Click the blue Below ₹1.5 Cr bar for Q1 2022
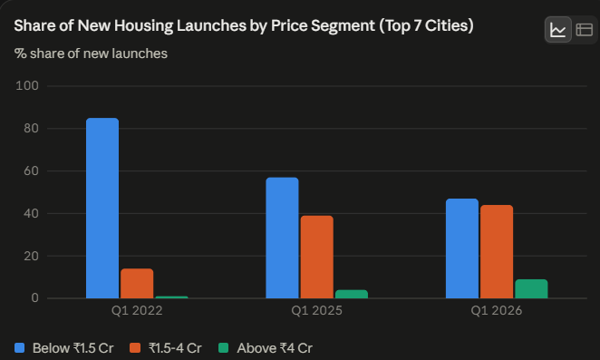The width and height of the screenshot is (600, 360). click(x=102, y=208)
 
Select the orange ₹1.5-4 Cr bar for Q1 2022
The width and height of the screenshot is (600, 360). click(x=137, y=284)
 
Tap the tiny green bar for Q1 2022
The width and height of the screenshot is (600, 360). click(x=171, y=297)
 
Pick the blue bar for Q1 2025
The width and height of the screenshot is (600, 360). click(x=282, y=238)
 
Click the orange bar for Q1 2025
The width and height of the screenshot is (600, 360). click(x=317, y=257)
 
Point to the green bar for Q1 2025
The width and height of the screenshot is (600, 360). click(x=352, y=294)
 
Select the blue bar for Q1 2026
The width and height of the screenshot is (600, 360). click(x=462, y=248)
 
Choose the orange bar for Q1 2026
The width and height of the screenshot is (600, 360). click(x=497, y=251)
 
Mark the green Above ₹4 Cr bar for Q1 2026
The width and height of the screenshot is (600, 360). click(x=531, y=288)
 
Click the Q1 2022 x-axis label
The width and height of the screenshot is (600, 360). click(x=137, y=310)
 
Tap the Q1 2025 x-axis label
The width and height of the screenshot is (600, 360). click(x=317, y=310)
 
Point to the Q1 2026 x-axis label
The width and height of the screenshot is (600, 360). click(x=497, y=310)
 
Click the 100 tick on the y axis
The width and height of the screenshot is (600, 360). click(x=27, y=86)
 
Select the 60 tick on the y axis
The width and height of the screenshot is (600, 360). click(x=32, y=170)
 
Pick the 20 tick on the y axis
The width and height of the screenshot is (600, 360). click(x=32, y=256)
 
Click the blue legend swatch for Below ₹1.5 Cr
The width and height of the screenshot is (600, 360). click(x=20, y=347)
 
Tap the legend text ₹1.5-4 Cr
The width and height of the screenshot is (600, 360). click(x=175, y=348)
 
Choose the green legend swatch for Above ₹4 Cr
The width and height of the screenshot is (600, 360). click(x=224, y=347)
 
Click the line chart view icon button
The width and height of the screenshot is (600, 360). click(x=558, y=30)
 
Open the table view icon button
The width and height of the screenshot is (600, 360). click(x=585, y=30)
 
